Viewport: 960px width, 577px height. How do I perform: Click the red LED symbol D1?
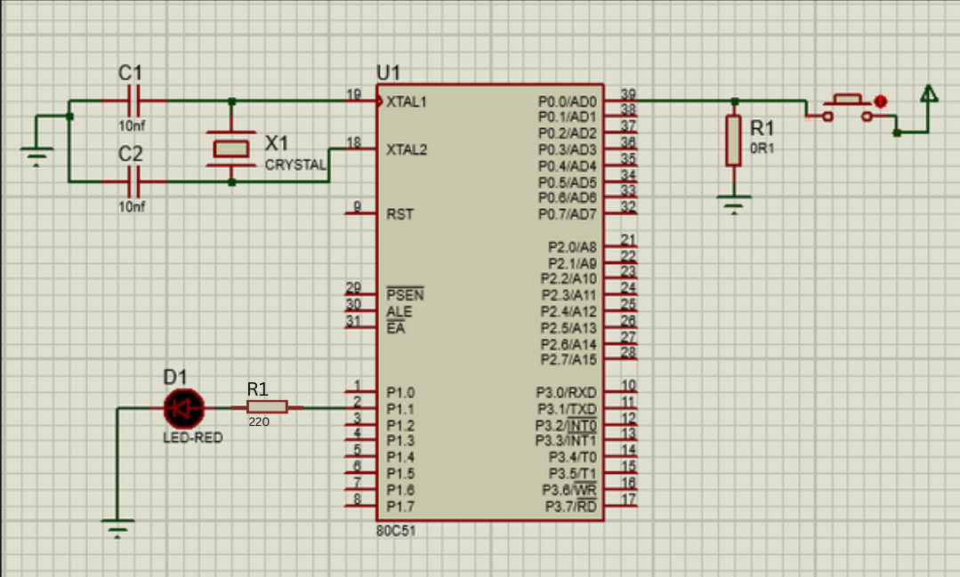[184, 408]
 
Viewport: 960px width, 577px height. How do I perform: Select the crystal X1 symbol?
[231, 148]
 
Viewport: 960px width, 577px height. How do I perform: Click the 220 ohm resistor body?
[267, 407]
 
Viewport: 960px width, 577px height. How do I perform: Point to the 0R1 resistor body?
[733, 140]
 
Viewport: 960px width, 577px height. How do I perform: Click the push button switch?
[848, 105]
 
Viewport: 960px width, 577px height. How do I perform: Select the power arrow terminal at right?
[928, 94]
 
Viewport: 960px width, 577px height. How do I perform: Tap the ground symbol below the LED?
[117, 526]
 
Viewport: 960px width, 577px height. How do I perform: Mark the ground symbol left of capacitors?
[36, 159]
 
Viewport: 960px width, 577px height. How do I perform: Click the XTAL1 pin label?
[406, 101]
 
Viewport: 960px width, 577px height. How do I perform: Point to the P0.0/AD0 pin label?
[567, 101]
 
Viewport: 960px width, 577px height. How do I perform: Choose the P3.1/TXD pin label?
[566, 409]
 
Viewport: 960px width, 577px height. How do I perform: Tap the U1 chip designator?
[389, 72]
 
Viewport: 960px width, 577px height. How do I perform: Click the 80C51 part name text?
[395, 531]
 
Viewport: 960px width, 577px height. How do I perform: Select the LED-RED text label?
[193, 438]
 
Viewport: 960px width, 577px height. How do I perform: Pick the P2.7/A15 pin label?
[569, 359]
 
